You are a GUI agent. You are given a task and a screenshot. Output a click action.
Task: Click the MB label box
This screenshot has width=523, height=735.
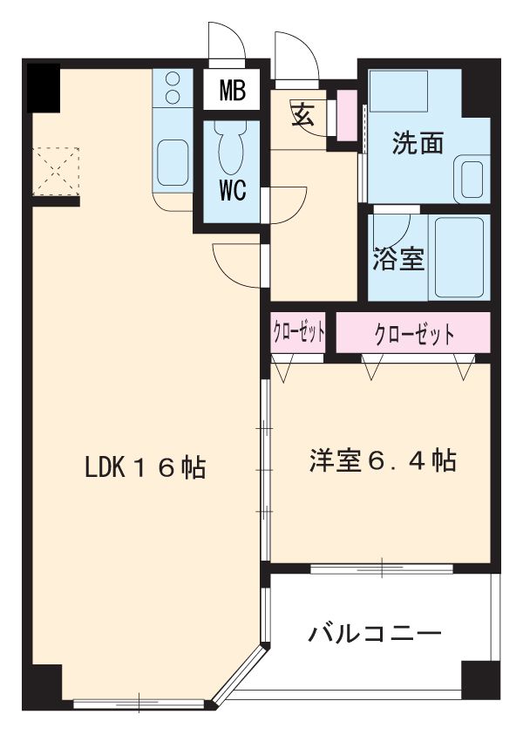point(232,89)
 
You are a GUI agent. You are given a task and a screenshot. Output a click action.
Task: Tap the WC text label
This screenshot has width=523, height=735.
point(232,191)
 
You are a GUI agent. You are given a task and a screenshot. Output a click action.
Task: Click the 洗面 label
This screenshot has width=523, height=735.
point(418,143)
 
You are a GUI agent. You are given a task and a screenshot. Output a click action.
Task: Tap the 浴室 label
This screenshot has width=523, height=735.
point(399,259)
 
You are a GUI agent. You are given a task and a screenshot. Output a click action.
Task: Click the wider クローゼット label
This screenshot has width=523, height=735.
point(414,333)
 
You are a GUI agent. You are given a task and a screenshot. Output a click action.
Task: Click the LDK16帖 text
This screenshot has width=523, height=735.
point(145,467)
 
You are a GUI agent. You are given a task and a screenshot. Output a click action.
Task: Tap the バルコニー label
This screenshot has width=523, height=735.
point(375,633)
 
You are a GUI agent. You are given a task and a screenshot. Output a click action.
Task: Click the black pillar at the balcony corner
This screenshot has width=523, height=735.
point(480,679)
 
